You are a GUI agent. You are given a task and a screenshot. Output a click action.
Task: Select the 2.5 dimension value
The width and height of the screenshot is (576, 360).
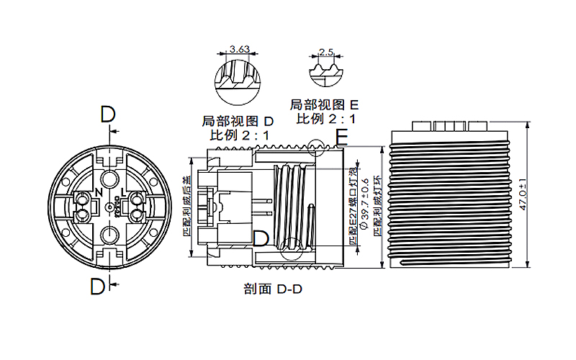(326, 53)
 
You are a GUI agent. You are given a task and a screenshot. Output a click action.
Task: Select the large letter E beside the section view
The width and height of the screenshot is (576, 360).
(341, 137)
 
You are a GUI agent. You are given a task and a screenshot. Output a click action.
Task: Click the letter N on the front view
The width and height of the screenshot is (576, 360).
(99, 193)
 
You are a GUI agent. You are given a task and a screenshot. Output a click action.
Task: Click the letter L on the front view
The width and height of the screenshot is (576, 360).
(124, 193)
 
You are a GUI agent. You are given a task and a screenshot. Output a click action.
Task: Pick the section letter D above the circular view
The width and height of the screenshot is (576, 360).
(107, 114)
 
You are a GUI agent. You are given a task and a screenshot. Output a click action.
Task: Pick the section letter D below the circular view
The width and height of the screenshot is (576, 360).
(98, 287)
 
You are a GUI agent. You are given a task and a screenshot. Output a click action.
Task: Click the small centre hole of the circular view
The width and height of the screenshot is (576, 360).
(109, 207)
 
